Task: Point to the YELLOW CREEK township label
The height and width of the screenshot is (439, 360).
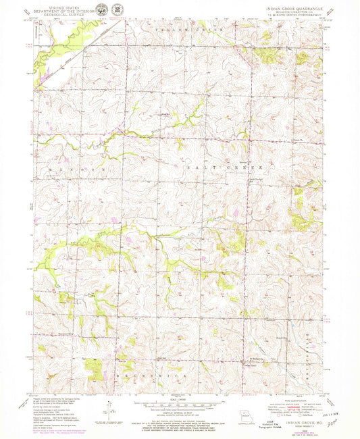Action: pyautogui.click(x=180, y=31)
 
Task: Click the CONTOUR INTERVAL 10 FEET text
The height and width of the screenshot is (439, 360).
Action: pyautogui.click(x=179, y=413)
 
